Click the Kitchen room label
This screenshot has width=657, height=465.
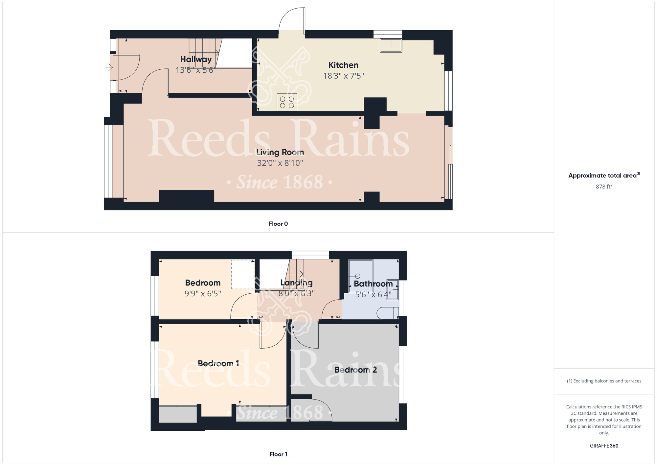pos(343,65)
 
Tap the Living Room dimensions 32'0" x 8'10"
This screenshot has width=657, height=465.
pos(280,163)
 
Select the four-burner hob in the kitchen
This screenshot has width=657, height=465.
pos(287,102)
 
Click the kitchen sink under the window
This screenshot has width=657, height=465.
pos(391,45)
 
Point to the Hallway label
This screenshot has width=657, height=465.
pos(196,59)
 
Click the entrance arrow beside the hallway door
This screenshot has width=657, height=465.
pos(109,67)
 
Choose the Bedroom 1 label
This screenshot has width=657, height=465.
pos(218,363)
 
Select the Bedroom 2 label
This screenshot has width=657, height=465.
pos(355,370)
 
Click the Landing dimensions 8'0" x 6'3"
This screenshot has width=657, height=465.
pos(296,293)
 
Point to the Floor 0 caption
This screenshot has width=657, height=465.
pos(278,224)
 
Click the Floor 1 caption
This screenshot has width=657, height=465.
pos(278,454)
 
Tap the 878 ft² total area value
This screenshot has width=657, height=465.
pos(604,186)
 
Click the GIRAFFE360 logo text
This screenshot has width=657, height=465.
pos(604,446)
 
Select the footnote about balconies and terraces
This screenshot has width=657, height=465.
pos(604,381)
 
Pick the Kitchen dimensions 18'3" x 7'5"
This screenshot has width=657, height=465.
pos(343,76)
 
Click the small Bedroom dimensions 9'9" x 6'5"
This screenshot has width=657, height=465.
pos(203,294)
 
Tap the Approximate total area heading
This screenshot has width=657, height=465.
pos(604,175)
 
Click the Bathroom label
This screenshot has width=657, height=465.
pos(373,283)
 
